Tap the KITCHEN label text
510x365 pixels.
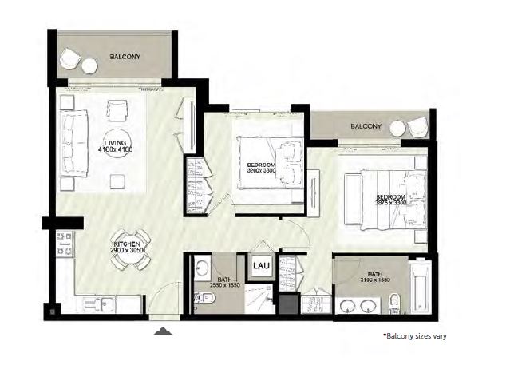(128, 243)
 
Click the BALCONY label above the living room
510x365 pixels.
(125, 56)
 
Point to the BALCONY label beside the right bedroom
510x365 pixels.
(366, 126)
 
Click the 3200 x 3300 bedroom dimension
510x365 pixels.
(260, 171)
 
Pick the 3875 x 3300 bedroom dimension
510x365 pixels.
(390, 203)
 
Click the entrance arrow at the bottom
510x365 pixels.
(163, 331)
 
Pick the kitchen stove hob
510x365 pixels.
(63, 244)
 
